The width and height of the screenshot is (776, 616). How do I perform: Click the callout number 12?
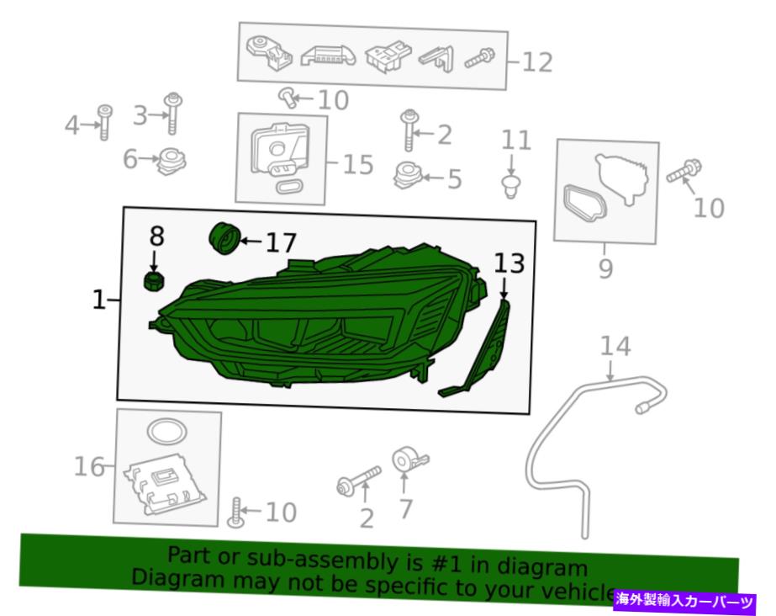click(x=537, y=63)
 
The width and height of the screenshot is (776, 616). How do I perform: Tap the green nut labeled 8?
click(x=154, y=281)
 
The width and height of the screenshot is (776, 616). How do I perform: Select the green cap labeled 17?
click(x=224, y=238)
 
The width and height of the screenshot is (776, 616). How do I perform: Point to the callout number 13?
click(x=509, y=263)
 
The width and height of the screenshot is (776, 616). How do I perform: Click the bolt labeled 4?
click(x=105, y=122)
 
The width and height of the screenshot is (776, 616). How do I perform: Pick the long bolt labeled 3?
click(x=172, y=113)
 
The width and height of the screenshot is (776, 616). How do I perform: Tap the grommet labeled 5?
click(x=407, y=176)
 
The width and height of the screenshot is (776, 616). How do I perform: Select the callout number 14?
click(x=615, y=347)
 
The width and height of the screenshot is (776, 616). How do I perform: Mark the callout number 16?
click(x=89, y=467)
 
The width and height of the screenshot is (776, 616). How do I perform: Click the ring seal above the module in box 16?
click(x=167, y=432)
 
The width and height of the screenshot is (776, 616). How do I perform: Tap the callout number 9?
click(x=606, y=268)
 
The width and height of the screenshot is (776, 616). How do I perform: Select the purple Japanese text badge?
click(x=685, y=601)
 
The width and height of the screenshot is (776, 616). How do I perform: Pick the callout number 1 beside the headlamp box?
click(x=99, y=300)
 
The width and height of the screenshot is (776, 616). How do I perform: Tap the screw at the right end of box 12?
click(x=479, y=58)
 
